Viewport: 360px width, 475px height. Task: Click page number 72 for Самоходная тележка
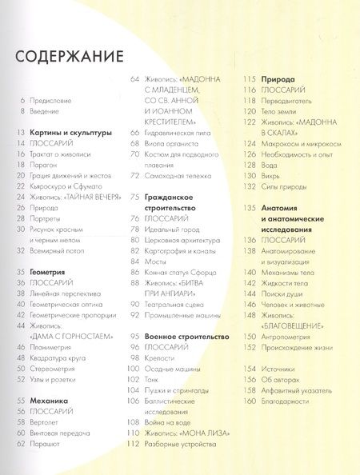click(x=135, y=174)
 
